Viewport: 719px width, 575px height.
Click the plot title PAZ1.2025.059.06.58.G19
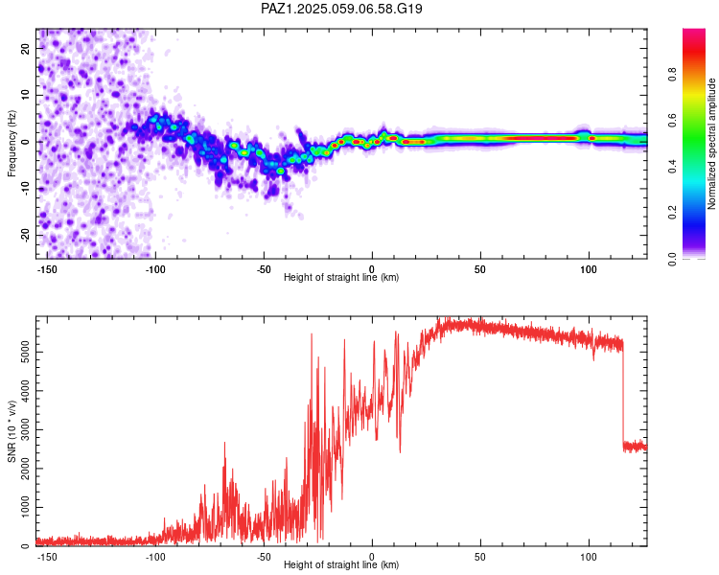[x=341, y=9]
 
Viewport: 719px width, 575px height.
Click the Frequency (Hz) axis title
[x=12, y=144]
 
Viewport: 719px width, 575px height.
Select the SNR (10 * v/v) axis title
[x=12, y=431]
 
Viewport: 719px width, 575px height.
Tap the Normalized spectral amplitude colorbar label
[x=711, y=144]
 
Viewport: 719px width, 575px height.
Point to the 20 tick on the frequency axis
[x=26, y=48]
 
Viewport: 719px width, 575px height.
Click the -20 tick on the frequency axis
[x=26, y=235]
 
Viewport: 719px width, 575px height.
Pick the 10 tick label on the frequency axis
[x=26, y=95]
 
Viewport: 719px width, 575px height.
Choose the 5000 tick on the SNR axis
[x=26, y=352]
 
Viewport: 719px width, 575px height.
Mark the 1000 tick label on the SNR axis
[x=26, y=507]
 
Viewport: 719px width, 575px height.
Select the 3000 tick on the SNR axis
[x=26, y=429]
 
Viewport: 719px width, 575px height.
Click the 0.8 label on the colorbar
[x=672, y=74]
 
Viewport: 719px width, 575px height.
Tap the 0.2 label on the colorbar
[x=672, y=213]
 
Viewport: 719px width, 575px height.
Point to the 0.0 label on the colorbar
[x=672, y=259]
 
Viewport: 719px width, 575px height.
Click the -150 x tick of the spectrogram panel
[x=47, y=269]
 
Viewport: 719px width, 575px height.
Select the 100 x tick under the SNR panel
[x=589, y=557]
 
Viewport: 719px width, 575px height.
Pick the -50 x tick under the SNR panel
[x=264, y=557]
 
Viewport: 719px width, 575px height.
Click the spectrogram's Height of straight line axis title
[x=341, y=277]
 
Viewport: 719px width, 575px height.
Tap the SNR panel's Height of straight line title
[x=341, y=564]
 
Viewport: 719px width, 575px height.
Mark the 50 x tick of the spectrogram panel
[x=480, y=269]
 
